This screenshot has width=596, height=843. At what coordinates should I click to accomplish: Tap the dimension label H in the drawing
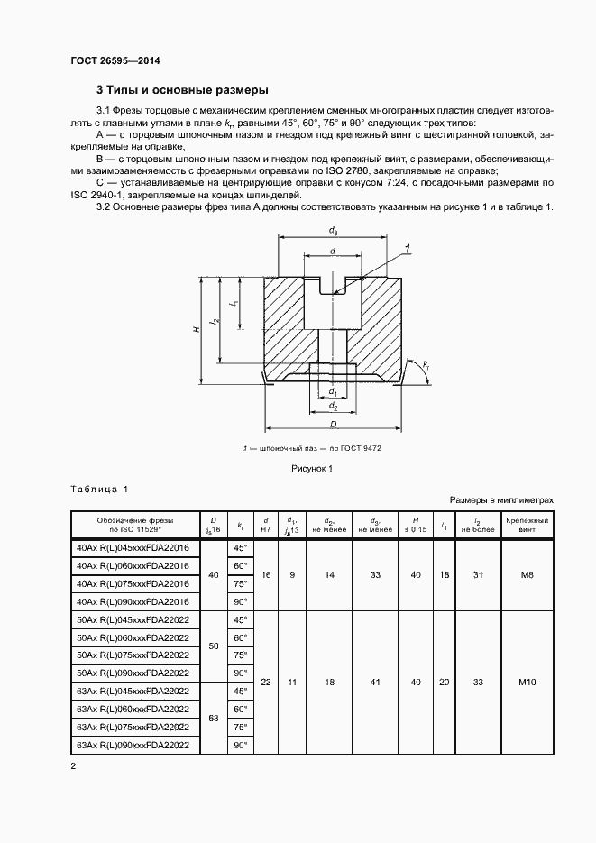196,331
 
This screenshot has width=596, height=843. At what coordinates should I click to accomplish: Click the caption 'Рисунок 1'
312,468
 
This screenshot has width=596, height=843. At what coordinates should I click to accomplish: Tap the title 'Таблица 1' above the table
99,489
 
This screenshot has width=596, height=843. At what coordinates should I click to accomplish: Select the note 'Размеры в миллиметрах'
500,499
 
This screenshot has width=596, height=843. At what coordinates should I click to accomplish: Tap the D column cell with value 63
214,719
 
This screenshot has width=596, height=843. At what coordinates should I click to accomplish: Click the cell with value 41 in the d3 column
373,683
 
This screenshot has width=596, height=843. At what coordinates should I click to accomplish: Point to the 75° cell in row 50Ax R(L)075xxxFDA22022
239,655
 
